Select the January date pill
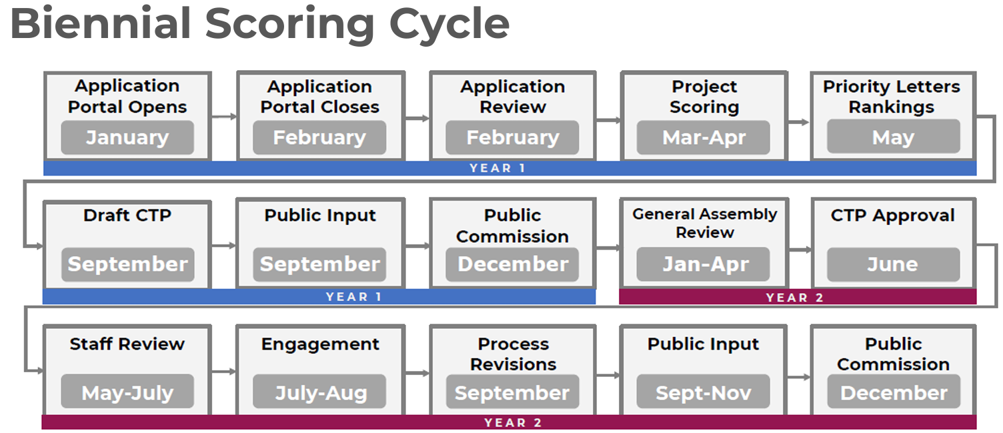click(127, 137)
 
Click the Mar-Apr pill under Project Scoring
click(704, 137)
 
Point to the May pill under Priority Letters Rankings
click(894, 137)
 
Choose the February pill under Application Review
click(512, 137)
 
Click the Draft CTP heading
click(127, 215)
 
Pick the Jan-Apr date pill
click(704, 264)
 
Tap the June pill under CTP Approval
click(894, 264)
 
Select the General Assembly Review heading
click(705, 223)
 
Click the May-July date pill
click(127, 392)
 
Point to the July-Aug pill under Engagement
click(319, 392)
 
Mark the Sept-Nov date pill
click(704, 392)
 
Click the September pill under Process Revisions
click(512, 392)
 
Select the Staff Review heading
click(127, 344)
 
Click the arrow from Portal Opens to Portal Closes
click(224, 117)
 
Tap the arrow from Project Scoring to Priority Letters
click(799, 122)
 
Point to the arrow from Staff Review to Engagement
click(224, 371)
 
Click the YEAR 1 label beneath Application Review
click(497, 168)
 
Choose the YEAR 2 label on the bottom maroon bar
click(513, 423)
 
